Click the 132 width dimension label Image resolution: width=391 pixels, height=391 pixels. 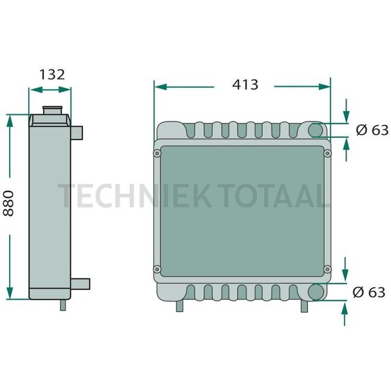pyautogui.click(x=52, y=75)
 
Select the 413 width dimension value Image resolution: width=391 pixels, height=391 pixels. pyautogui.click(x=245, y=85)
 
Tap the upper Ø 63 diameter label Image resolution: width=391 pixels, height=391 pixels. pyautogui.click(x=372, y=129)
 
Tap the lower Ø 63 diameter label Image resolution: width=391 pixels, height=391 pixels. pyautogui.click(x=368, y=292)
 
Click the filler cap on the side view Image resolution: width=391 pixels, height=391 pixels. pyautogui.click(x=51, y=112)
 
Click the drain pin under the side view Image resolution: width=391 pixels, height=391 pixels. pyautogui.click(x=63, y=304)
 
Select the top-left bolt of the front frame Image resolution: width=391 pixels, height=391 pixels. pyautogui.click(x=157, y=154)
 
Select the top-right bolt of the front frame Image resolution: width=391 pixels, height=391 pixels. pyautogui.click(x=328, y=154)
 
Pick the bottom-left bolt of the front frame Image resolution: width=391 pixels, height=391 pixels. pyautogui.click(x=157, y=268)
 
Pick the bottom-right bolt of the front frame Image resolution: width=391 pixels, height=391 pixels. pyautogui.click(x=328, y=268)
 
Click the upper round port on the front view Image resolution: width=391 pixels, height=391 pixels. pyautogui.click(x=316, y=130)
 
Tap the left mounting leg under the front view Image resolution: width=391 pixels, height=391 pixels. pyautogui.click(x=179, y=306)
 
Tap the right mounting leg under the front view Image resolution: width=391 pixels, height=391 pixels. pyautogui.click(x=306, y=306)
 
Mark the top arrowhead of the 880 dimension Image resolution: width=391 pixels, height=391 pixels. pyautogui.click(x=9, y=119)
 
